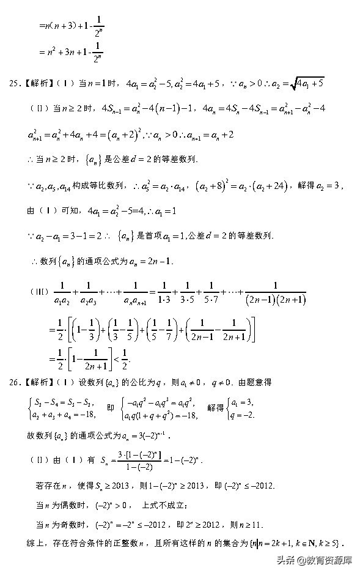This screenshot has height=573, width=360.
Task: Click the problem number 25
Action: point(14,83)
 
